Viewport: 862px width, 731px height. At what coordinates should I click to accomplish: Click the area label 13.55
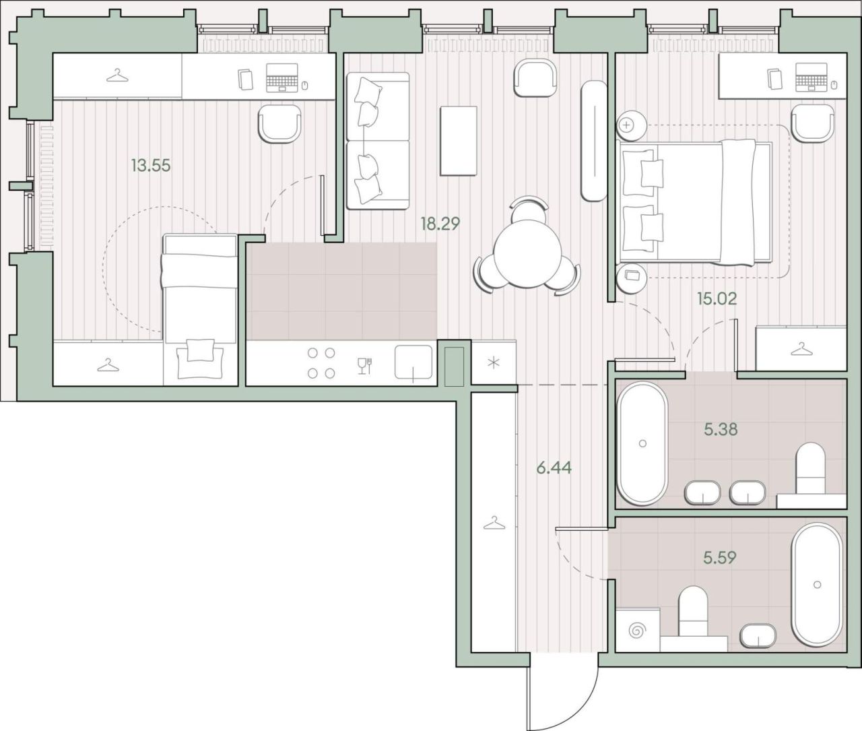151,166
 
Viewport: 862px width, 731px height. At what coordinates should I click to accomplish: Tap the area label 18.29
440,224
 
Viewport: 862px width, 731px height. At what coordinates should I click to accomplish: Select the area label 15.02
717,298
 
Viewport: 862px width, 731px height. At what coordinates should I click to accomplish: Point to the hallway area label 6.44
554,468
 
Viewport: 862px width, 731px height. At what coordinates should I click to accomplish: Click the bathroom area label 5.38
721,429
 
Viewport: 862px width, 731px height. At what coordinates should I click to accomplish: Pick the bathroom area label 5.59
720,557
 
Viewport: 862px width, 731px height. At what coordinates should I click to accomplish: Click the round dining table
526,255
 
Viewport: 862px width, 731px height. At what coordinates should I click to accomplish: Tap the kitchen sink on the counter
413,362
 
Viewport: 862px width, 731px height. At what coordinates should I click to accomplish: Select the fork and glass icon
364,365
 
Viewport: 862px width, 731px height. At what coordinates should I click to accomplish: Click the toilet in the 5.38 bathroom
810,468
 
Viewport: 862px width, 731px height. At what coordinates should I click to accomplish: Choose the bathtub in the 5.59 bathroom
817,585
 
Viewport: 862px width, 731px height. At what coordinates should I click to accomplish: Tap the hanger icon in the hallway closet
494,523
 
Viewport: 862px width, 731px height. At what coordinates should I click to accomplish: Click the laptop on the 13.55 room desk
282,77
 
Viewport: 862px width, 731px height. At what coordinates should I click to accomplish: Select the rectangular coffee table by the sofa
459,141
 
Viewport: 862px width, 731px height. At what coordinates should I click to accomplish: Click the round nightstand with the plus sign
632,125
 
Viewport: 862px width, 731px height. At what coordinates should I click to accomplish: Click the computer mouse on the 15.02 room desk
834,85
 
